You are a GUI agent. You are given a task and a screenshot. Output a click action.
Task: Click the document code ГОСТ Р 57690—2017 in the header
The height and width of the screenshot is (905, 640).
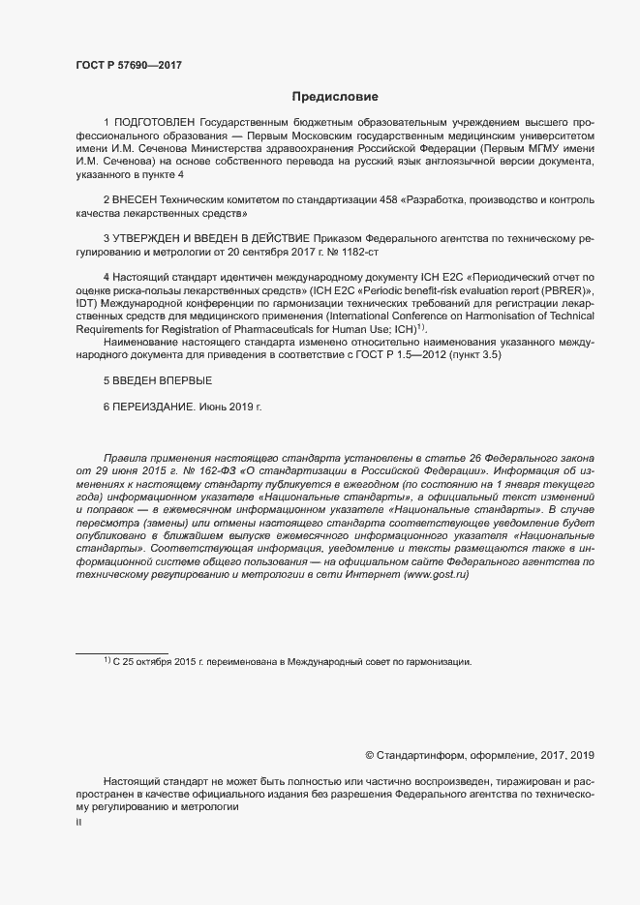pos(128,66)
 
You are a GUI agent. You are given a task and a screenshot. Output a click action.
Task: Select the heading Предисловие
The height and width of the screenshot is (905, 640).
pos(335,97)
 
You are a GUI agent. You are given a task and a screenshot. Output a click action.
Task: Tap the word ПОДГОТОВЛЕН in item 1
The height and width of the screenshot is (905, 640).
pos(155,124)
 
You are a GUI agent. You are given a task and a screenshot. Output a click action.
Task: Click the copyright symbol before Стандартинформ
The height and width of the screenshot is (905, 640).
pos(370,754)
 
